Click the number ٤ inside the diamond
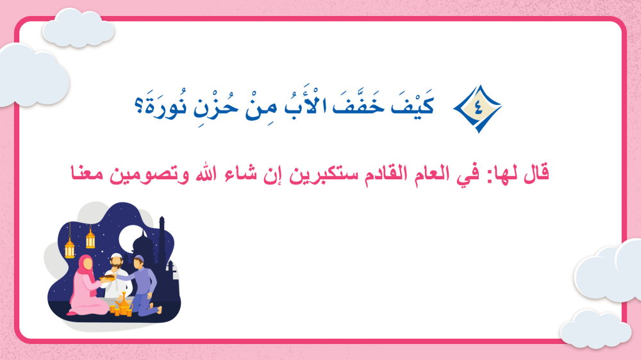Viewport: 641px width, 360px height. [479, 108]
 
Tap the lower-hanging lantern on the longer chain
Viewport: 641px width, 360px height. [70, 248]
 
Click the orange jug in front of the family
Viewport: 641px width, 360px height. [123, 304]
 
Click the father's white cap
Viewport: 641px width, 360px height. [117, 257]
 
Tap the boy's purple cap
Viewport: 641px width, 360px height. [139, 258]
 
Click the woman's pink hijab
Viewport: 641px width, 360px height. [86, 270]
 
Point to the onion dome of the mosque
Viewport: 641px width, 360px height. [143, 242]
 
